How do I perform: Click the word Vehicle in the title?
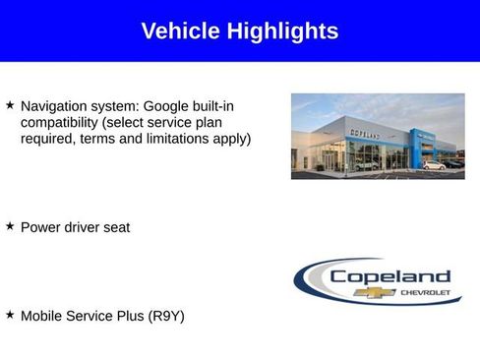181,31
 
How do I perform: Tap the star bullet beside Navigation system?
10,103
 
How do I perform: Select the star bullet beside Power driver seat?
10,226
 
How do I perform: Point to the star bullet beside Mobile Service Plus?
10,315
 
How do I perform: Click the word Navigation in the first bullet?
55,105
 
